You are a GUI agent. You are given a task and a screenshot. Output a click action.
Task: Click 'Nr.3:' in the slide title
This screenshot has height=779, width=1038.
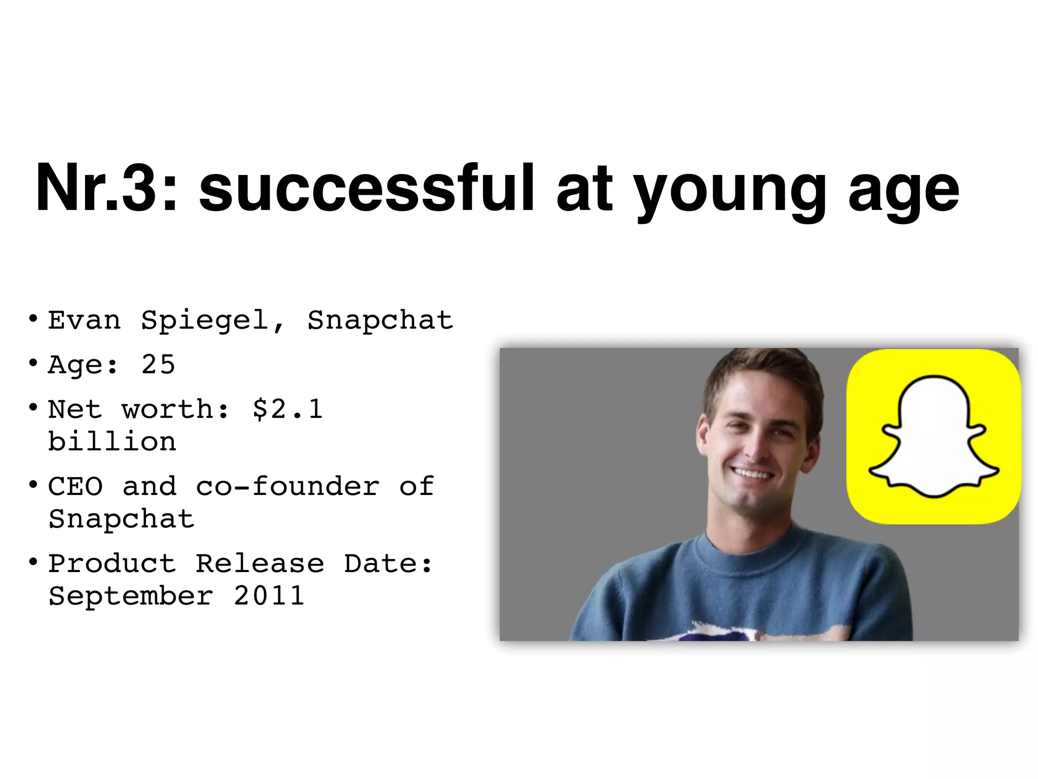pos(106,188)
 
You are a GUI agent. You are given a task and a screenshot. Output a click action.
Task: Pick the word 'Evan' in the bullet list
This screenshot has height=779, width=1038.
pos(84,320)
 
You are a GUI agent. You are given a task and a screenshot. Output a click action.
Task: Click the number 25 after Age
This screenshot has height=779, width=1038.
pos(158,364)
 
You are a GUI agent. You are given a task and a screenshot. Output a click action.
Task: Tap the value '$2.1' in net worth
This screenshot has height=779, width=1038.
pos(287,409)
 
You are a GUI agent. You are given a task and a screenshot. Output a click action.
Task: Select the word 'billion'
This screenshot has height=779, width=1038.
pos(112,441)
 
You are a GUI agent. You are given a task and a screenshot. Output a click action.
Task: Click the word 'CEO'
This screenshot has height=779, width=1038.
pos(76,486)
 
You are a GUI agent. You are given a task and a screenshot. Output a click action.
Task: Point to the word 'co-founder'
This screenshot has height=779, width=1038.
pos(287,486)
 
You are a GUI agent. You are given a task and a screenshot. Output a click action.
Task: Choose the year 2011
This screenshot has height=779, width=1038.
pos(269,595)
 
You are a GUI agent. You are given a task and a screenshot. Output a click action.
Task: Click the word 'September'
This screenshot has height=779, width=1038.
pos(131,596)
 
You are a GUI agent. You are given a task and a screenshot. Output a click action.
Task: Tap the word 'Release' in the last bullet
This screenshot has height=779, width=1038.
pos(259,563)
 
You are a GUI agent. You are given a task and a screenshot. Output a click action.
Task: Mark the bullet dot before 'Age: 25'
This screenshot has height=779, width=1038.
pos(33,363)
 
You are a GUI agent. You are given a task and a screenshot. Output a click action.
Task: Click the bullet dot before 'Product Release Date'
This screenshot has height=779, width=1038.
pos(33,562)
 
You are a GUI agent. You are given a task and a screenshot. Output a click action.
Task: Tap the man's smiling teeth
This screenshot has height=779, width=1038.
pos(752,475)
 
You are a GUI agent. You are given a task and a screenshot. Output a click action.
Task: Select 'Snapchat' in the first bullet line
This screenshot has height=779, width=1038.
pos(380,320)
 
